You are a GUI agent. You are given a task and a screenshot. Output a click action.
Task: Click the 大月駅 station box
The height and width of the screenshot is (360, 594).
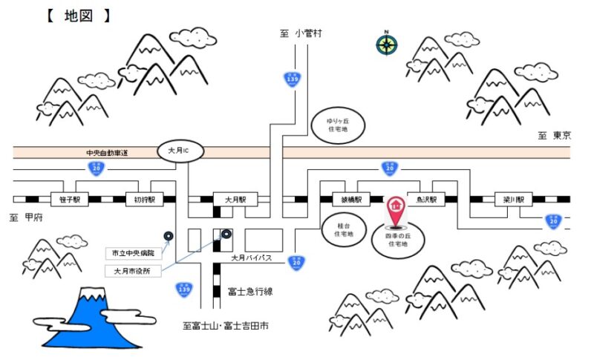[x=235, y=200]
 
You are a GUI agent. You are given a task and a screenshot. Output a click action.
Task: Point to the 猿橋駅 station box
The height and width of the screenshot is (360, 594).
[x=351, y=200]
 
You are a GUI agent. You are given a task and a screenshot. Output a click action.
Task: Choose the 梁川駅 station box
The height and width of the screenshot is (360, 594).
[x=515, y=200]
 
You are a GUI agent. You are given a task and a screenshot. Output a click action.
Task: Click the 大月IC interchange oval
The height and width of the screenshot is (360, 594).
[x=180, y=151]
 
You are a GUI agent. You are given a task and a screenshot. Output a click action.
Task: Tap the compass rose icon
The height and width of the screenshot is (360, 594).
[x=386, y=44]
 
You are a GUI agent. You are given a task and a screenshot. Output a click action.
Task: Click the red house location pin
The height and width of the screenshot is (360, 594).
[x=396, y=212]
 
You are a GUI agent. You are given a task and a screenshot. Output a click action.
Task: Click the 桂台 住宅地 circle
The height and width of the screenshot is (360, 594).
[x=343, y=227]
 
